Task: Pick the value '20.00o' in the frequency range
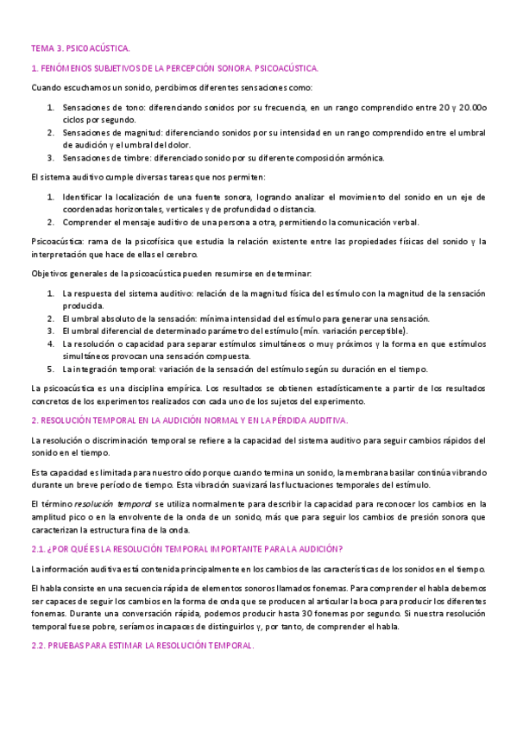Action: pyautogui.click(x=471, y=108)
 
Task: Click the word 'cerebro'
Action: pyautogui.click(x=180, y=255)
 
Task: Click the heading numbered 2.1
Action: pyautogui.click(x=187, y=549)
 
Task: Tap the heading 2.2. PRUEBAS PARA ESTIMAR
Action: pyautogui.click(x=142, y=647)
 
